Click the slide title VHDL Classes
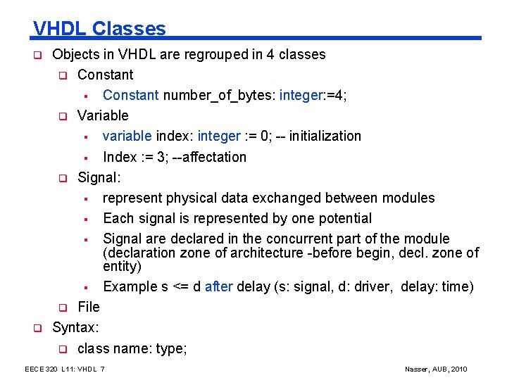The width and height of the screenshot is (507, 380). click(99, 28)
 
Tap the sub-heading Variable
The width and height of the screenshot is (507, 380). click(103, 115)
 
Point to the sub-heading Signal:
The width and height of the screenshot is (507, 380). click(99, 177)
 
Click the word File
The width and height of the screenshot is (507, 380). click(89, 307)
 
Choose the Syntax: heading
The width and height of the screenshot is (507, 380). click(75, 327)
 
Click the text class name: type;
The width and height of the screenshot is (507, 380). click(132, 348)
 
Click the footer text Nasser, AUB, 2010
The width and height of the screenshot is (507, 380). click(437, 369)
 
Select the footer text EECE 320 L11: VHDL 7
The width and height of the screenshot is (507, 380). click(65, 369)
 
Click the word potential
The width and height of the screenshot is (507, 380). click(343, 218)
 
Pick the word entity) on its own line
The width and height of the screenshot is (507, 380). click(123, 266)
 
